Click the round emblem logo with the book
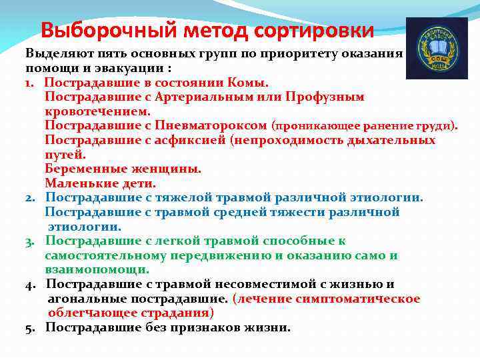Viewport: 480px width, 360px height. [437, 48]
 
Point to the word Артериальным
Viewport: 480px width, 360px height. [213, 97]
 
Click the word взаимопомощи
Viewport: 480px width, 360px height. [97, 269]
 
